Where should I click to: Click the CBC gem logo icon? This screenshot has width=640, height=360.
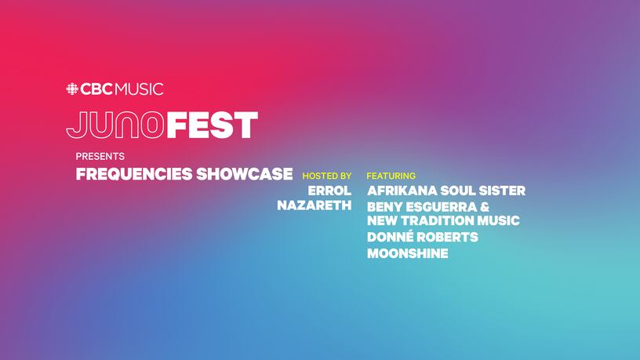tap(72, 89)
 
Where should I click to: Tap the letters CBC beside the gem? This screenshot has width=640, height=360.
tap(96, 89)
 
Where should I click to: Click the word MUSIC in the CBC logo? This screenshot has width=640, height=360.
tap(139, 89)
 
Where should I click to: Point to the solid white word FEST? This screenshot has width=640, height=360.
tap(213, 125)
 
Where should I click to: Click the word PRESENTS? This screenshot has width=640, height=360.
tap(100, 156)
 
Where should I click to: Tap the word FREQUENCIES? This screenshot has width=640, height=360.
tap(134, 174)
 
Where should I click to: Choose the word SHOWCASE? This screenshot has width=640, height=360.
tap(245, 174)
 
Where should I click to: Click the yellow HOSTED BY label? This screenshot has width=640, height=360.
tap(327, 176)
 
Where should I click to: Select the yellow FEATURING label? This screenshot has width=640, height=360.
tap(391, 176)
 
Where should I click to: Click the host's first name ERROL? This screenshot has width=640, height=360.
tap(329, 191)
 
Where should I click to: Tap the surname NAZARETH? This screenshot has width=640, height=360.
tap(315, 205)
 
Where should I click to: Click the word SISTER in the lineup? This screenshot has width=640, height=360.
tap(502, 191)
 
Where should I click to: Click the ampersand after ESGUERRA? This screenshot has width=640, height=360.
tap(485, 207)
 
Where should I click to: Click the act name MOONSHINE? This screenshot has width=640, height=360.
tap(408, 253)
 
